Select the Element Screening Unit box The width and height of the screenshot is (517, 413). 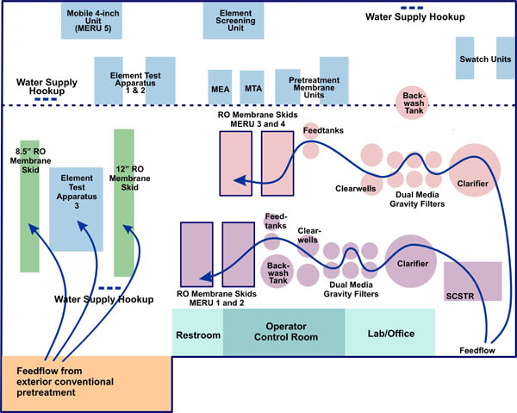pyautogui.click(x=234, y=20)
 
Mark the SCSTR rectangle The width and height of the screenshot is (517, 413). pyautogui.click(x=473, y=282)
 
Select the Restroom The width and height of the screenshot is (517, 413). pyautogui.click(x=197, y=333)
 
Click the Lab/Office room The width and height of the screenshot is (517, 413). pyautogui.click(x=390, y=333)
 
